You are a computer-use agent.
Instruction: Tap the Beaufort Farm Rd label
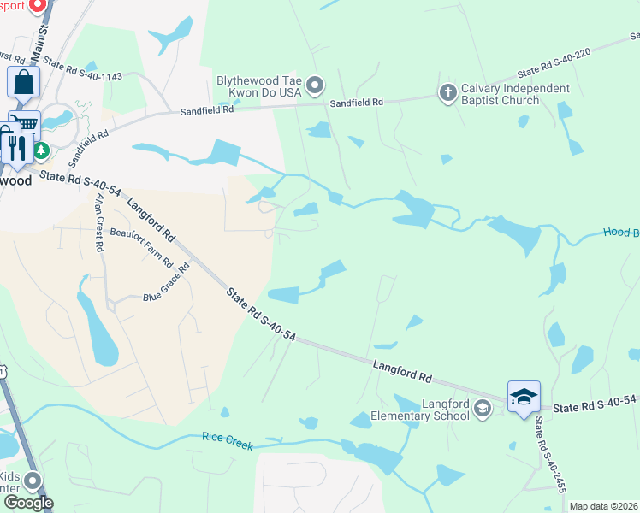(142, 247)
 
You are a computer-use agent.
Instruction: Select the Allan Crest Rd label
(99, 222)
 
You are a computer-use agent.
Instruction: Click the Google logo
(27, 503)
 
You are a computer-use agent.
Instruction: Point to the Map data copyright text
(604, 506)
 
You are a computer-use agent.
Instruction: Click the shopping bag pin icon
(23, 84)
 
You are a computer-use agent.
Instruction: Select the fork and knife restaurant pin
(16, 146)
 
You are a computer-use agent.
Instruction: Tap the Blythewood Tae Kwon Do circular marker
(316, 84)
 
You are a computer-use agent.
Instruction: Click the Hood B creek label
(621, 232)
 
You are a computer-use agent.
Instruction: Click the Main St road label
(39, 38)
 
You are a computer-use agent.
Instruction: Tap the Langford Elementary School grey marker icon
(483, 409)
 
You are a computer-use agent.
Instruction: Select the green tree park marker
(40, 152)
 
